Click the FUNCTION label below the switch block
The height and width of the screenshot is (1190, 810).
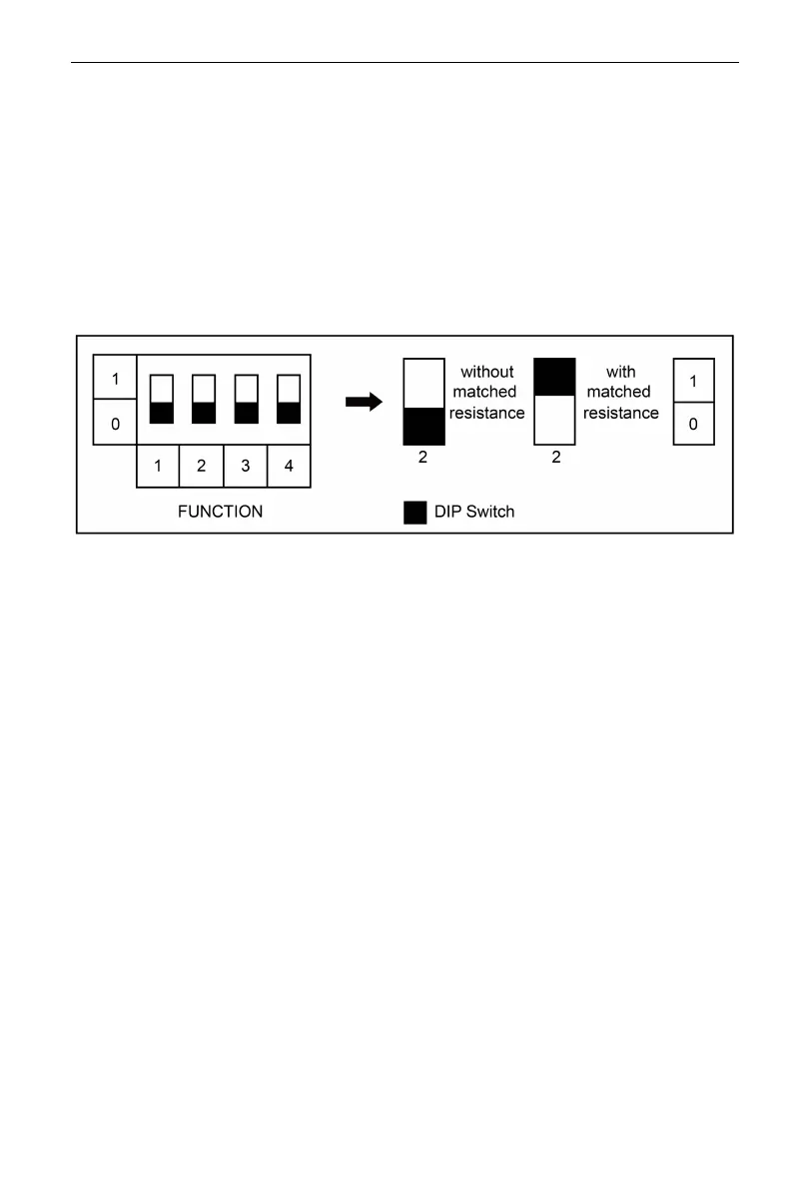pyautogui.click(x=220, y=511)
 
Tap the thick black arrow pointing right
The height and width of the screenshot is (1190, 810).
pyautogui.click(x=364, y=402)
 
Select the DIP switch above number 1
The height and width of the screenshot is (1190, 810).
pyautogui.click(x=161, y=398)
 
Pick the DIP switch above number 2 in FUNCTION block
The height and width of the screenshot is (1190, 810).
pyautogui.click(x=204, y=398)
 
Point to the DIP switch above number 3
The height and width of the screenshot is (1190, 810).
pyautogui.click(x=246, y=398)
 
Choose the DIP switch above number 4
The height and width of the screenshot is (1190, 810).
pyautogui.click(x=289, y=398)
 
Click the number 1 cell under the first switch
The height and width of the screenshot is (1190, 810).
pyautogui.click(x=158, y=466)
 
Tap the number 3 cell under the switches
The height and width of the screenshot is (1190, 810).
pyautogui.click(x=246, y=466)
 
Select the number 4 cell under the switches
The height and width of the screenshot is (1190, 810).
pyautogui.click(x=289, y=466)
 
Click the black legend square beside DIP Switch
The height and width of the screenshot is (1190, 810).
pyautogui.click(x=414, y=512)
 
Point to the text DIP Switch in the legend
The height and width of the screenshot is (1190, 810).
pyautogui.click(x=474, y=512)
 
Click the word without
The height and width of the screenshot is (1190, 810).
pyautogui.click(x=487, y=372)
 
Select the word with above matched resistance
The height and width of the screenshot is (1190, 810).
pyautogui.click(x=620, y=372)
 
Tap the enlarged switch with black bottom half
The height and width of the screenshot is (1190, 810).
pyautogui.click(x=423, y=402)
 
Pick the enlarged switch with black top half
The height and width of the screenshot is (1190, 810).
pyautogui.click(x=555, y=402)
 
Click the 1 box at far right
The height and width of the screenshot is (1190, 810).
pyautogui.click(x=694, y=381)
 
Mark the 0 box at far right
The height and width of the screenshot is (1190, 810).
pyautogui.click(x=694, y=424)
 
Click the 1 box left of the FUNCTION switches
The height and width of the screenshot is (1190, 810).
pyautogui.click(x=115, y=379)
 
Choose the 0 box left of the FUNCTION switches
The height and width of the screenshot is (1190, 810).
pyautogui.click(x=115, y=424)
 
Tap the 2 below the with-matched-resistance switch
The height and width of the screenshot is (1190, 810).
pyautogui.click(x=555, y=458)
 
